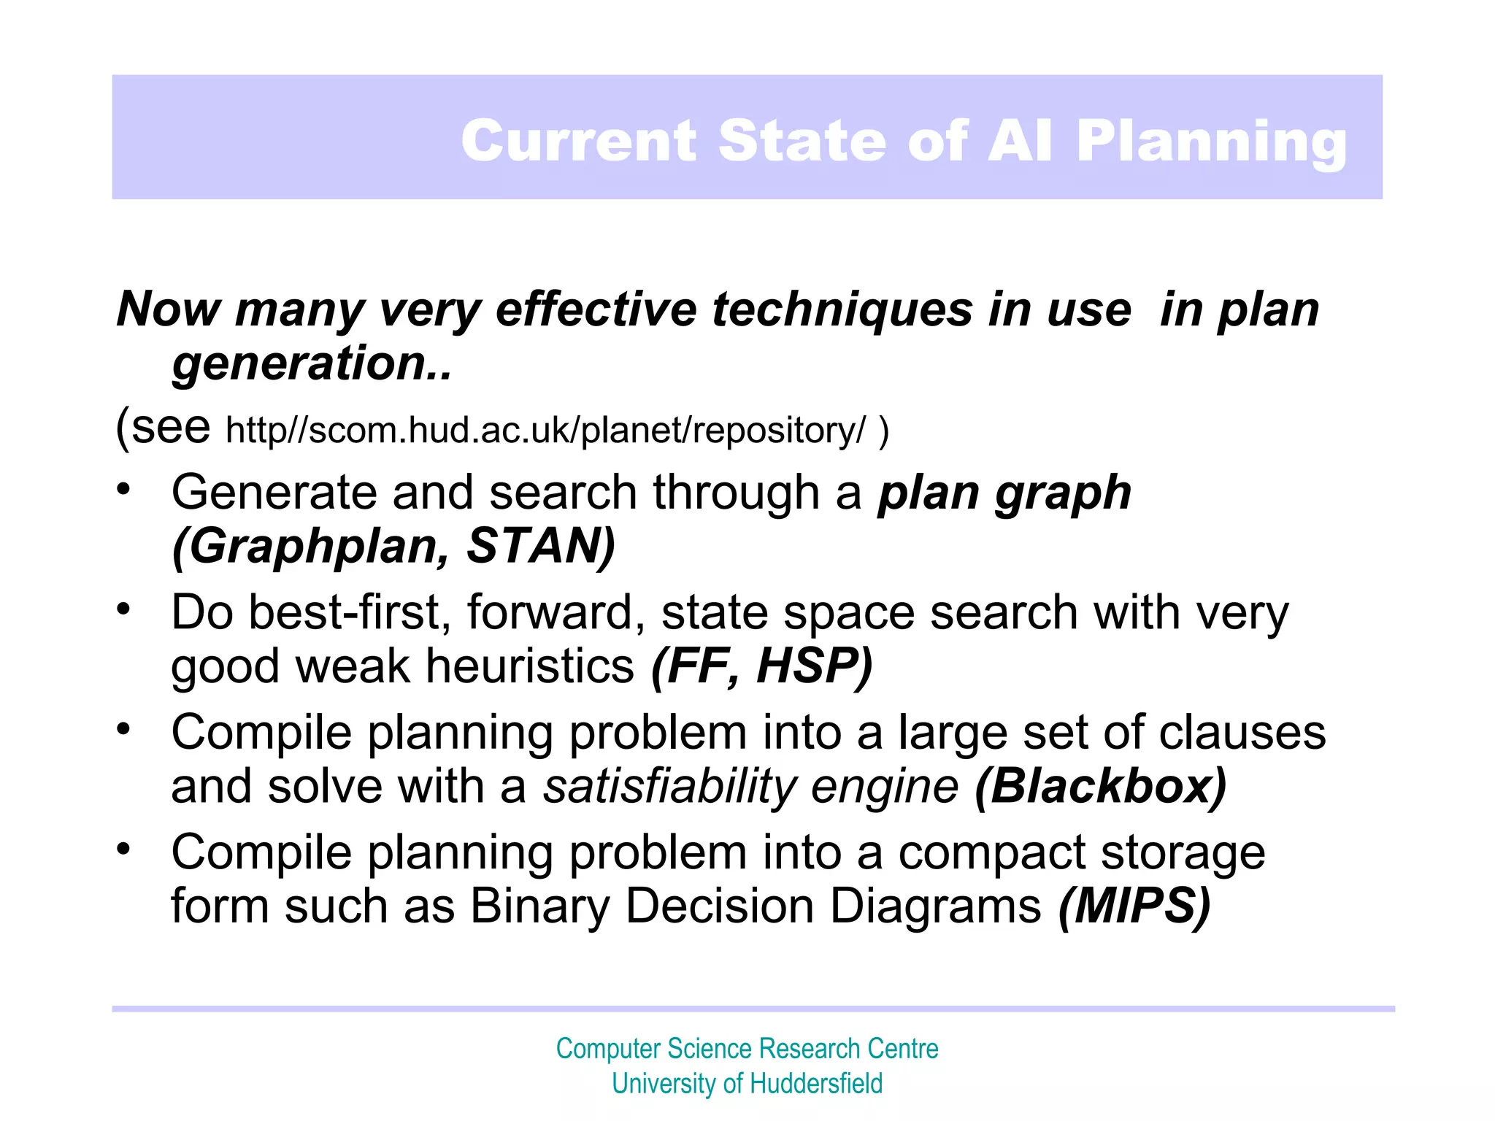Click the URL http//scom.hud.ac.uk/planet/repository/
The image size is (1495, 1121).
545,430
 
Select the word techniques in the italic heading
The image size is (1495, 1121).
842,309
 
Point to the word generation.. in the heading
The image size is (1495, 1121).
312,363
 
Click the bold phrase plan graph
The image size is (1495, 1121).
1004,493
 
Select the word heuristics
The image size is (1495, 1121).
530,666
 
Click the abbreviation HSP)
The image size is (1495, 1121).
815,666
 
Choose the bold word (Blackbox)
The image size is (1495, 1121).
1101,787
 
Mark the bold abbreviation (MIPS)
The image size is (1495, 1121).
1134,906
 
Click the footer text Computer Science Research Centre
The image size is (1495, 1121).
747,1049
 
